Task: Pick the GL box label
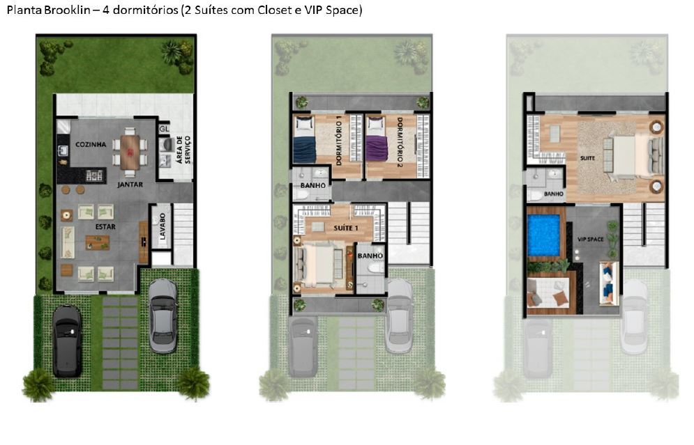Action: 165,129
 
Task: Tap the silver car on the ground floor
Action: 163,315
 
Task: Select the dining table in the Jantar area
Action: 130,151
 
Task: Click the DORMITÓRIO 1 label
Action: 339,139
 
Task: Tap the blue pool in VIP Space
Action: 545,235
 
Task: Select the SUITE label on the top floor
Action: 588,158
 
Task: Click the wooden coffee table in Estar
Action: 97,242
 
